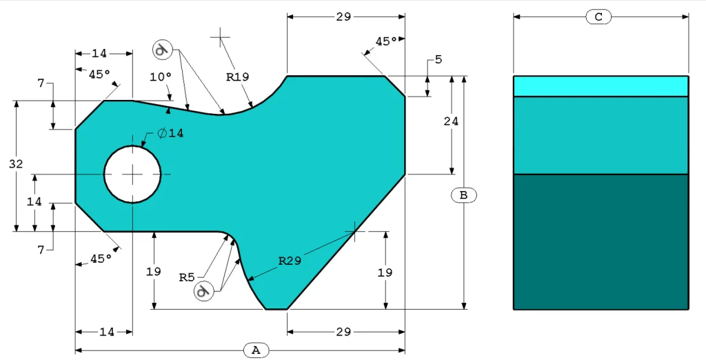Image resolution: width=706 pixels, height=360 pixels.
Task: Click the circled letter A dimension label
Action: tap(256, 350)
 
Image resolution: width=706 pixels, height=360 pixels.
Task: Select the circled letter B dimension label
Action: tap(463, 195)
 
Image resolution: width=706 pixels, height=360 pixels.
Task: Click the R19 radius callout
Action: tap(237, 77)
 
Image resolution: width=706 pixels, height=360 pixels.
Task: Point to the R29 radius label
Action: tap(290, 261)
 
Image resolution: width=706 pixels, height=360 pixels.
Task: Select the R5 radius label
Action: tap(187, 277)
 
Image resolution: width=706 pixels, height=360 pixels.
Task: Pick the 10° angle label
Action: tap(160, 77)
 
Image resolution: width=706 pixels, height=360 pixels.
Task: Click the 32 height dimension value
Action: tap(15, 164)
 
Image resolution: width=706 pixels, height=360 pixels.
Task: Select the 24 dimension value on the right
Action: tap(451, 121)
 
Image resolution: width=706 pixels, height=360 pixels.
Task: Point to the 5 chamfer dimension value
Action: tap(438, 60)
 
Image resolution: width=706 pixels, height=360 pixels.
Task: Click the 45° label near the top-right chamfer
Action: tap(386, 41)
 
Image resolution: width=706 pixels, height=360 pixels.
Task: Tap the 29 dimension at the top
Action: tap(344, 17)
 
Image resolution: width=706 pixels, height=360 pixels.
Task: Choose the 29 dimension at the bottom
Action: tap(344, 332)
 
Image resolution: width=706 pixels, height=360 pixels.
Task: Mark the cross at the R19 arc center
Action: tap(220, 36)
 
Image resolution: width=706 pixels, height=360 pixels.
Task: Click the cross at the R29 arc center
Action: tap(354, 231)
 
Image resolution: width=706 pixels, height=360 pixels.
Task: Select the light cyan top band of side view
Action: tap(601, 86)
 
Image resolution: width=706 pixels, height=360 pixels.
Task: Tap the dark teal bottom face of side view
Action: tap(601, 241)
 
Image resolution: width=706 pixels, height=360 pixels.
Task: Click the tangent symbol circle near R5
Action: tap(203, 291)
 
